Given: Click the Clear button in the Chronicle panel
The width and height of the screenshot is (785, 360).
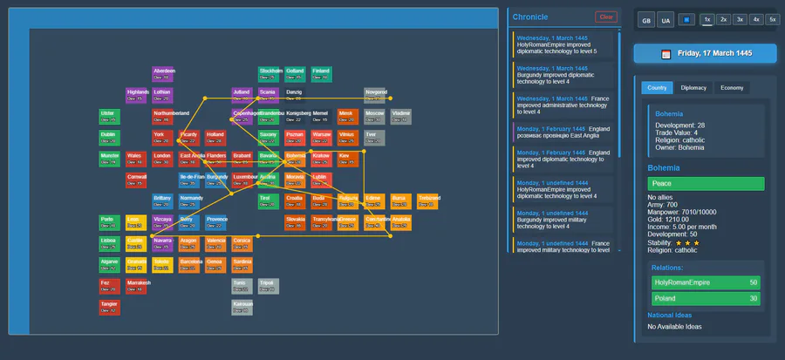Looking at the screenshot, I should [x=605, y=17].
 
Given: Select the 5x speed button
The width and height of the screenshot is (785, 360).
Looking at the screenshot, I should [x=772, y=19].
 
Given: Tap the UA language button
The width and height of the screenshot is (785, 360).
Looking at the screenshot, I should [x=666, y=20].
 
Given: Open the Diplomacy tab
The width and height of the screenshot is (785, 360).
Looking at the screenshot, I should [x=693, y=88].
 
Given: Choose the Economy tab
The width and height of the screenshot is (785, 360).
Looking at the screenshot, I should [x=732, y=88].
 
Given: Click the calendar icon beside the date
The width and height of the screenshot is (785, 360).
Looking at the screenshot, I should [x=666, y=54].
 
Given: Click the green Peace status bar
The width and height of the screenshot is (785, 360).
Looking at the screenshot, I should [x=706, y=184].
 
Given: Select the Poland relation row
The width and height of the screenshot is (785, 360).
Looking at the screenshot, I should [x=706, y=299].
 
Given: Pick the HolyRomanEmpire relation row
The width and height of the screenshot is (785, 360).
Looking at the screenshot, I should [x=706, y=282].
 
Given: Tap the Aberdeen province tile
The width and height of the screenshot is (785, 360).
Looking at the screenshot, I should [x=163, y=74].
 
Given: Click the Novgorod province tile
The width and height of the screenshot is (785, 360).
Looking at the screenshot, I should [x=376, y=94].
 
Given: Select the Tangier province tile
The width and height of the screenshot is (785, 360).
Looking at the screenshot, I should [x=109, y=307].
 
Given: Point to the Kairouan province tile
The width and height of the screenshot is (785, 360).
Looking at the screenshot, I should [x=242, y=307].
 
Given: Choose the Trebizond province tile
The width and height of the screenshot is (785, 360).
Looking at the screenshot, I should [x=428, y=200].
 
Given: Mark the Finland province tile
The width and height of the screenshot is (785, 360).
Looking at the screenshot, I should [x=321, y=74].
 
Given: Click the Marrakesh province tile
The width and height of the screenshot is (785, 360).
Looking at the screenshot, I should [x=137, y=286].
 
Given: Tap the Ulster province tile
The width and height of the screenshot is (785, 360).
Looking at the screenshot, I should [x=109, y=116].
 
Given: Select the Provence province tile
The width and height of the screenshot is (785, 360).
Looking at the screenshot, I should [x=216, y=222].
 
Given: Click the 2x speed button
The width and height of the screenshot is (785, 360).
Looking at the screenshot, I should [x=724, y=19].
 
